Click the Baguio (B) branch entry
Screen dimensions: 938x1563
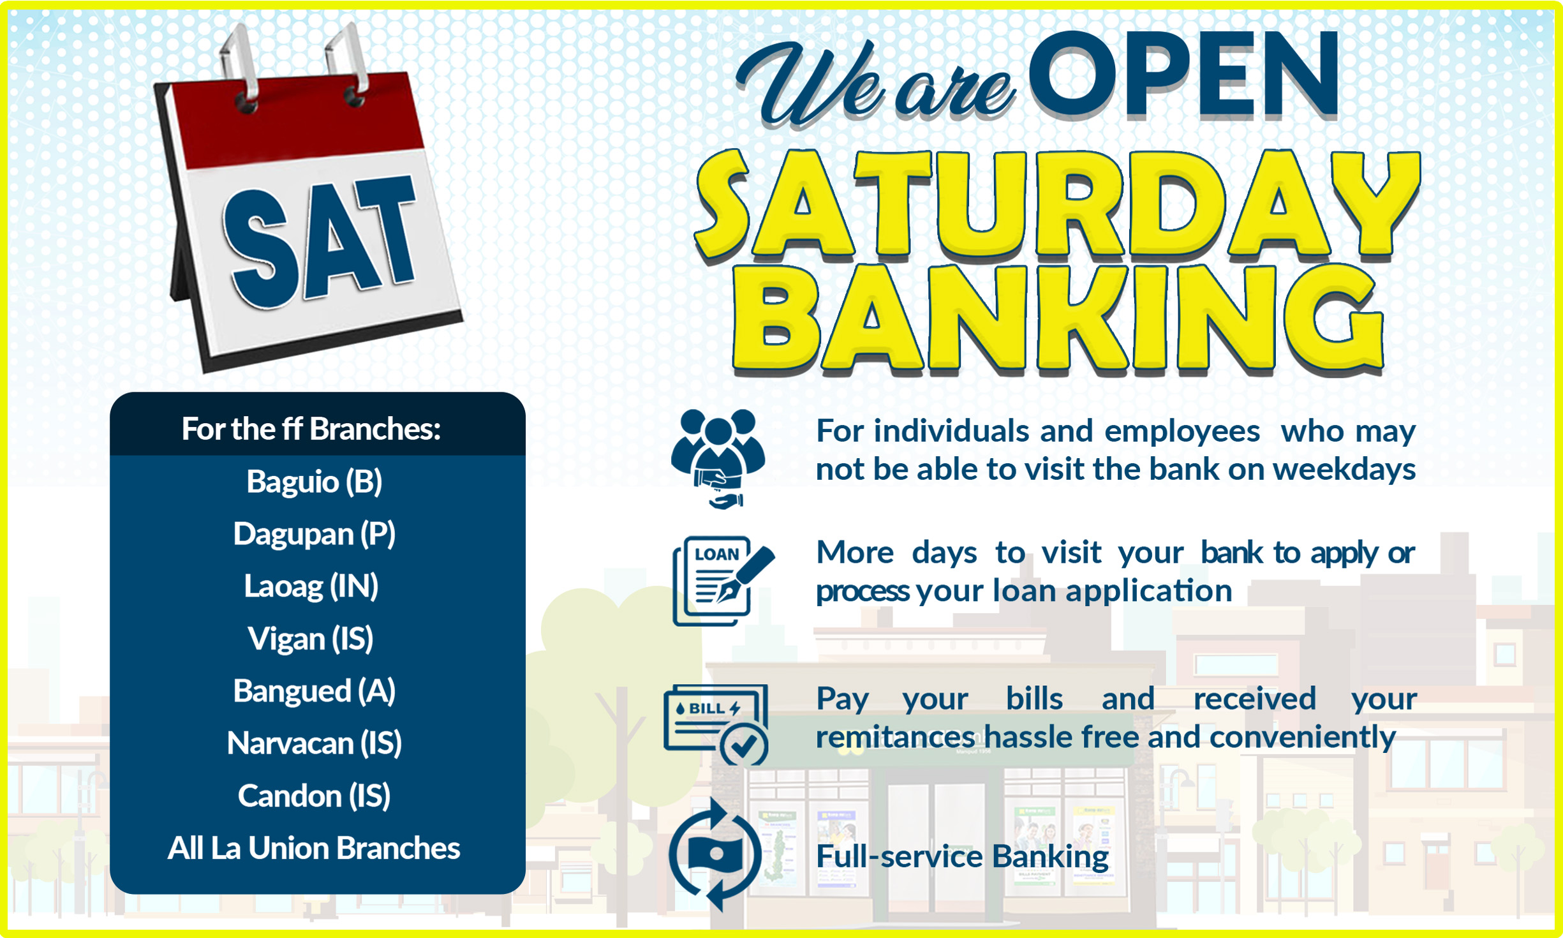314,482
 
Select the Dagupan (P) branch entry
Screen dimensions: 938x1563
314,534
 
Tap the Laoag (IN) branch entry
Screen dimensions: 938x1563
311,586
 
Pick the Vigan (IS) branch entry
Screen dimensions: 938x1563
311,639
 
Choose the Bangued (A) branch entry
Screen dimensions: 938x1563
314,691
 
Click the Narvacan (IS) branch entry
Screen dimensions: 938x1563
314,743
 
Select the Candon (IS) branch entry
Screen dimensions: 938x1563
314,796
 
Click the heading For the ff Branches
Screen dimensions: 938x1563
311,429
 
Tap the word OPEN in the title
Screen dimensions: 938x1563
1183,77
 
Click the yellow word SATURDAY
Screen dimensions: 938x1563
1056,204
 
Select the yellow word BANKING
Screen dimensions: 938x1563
1056,319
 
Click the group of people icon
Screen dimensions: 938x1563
718,456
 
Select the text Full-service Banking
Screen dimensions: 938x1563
962,856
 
